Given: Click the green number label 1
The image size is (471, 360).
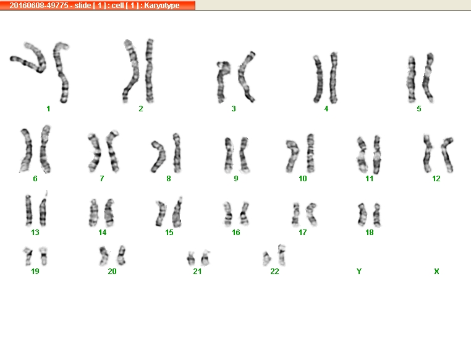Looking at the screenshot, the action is tap(48, 109).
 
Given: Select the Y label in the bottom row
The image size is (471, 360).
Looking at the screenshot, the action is tap(359, 272).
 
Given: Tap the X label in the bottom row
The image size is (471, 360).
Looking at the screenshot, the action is tap(436, 272).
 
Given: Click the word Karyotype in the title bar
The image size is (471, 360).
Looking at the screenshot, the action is tap(162, 6).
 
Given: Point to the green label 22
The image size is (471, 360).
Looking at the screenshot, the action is tap(274, 272).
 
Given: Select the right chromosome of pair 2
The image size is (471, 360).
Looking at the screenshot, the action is tap(150, 71).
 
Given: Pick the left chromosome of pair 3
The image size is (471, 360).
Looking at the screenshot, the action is tap(223, 81).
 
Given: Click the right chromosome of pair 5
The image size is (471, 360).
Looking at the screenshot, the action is tap(428, 77).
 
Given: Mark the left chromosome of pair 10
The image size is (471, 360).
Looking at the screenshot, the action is tap(292, 156).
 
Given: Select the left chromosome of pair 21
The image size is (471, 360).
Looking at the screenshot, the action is tap(190, 259).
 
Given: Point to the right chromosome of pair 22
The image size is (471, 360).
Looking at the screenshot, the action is tap(281, 255).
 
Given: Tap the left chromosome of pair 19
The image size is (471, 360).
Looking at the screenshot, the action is tap(28, 256).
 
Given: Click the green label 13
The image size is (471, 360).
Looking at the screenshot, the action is tap(35, 233).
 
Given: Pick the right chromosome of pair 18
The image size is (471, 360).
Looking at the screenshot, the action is tap(376, 215).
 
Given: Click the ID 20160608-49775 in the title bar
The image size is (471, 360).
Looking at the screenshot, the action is tap(39, 6).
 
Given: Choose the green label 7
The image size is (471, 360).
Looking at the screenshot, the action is tap(102, 179).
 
